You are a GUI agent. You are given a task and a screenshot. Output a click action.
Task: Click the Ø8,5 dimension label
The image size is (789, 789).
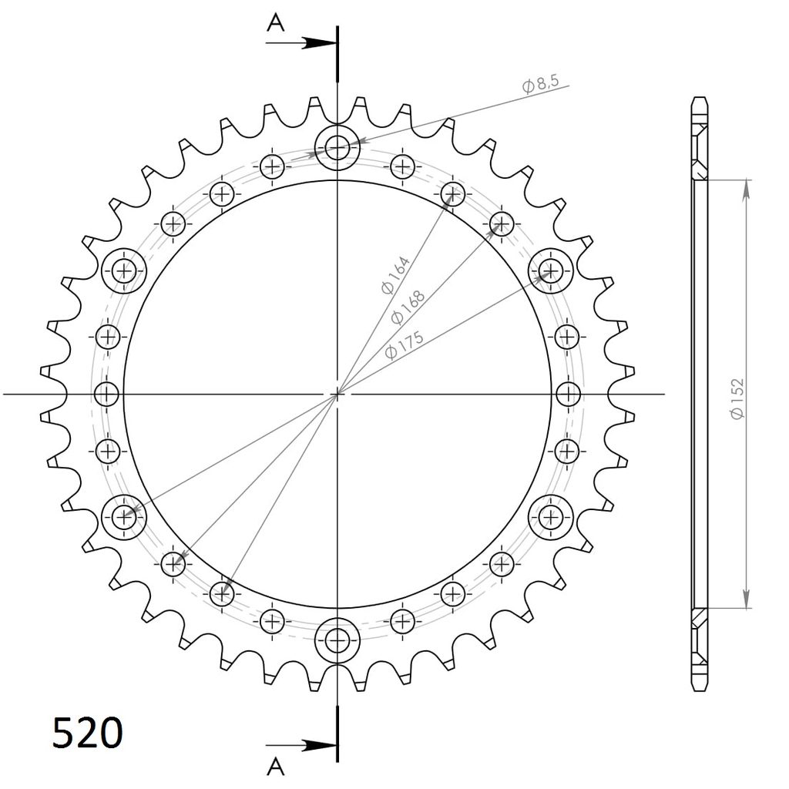tap(540, 84)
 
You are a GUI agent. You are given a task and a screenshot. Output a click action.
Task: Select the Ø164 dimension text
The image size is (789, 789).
tap(395, 275)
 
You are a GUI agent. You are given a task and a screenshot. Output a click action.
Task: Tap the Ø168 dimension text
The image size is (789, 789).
tap(408, 307)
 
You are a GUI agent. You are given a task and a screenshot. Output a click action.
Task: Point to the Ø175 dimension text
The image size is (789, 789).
tap(404, 345)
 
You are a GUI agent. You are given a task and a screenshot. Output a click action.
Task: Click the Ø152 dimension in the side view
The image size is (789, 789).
tap(737, 398)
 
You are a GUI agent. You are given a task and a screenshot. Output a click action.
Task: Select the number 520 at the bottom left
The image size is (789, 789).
tap(88, 733)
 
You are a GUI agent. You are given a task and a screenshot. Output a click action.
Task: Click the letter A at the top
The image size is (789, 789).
tap(275, 22)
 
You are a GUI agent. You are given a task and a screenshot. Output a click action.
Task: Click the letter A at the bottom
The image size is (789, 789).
tap(275, 767)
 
